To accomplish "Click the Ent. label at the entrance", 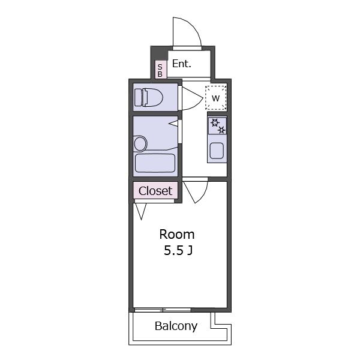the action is (x=181, y=64).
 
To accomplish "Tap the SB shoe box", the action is (x=160, y=70).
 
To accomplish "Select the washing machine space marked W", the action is (x=216, y=98).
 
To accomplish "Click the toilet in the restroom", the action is (x=149, y=97).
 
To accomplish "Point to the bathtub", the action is (x=155, y=163).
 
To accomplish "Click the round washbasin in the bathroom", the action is (x=140, y=144).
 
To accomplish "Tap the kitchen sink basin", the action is (x=217, y=151).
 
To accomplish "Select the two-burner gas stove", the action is (x=217, y=125).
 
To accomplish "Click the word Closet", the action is (x=155, y=191).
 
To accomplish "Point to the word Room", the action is (x=177, y=235).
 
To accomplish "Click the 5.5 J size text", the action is (x=178, y=250).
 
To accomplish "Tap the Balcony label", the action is (x=176, y=326).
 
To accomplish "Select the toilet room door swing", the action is (x=193, y=98).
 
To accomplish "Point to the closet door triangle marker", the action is (x=141, y=211).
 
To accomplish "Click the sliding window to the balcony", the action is (x=163, y=310).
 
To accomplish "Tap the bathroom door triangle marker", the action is (x=173, y=124).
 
